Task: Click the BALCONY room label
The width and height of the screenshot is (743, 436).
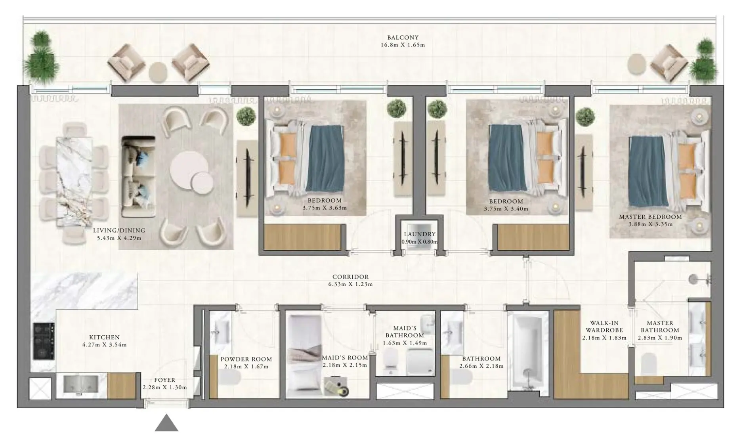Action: coord(403,38)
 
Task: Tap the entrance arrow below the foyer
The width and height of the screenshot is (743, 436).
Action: coord(166,423)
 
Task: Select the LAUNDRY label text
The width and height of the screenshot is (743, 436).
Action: coord(420,234)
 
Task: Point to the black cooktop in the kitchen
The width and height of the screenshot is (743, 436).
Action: coord(44,341)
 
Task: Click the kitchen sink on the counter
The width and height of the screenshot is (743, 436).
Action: coord(81,384)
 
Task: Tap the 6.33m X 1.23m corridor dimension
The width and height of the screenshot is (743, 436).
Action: coord(350,284)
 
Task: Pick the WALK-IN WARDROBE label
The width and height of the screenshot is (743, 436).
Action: coord(604,327)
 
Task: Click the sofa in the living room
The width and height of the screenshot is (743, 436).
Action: coord(138,177)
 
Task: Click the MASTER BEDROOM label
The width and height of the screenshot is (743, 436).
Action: coord(650,217)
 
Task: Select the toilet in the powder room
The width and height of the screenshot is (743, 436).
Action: coord(230,378)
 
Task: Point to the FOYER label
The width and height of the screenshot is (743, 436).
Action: coord(164,380)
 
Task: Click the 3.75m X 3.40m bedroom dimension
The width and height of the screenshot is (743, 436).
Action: coord(506,209)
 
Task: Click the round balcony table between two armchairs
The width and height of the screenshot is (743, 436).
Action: coord(158,72)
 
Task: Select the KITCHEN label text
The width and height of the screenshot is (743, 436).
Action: coord(104,337)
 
